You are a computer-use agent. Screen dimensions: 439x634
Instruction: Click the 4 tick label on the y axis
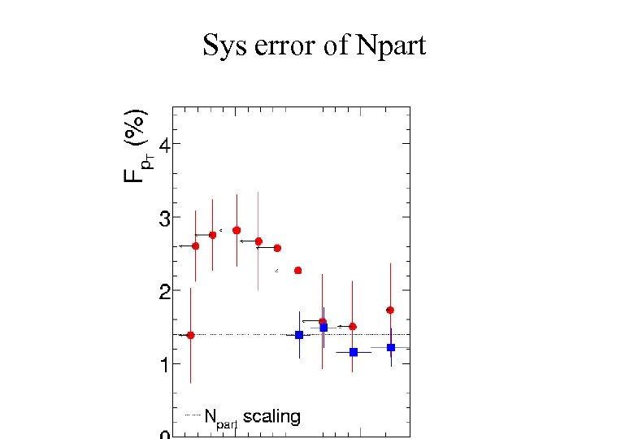coord(165,146)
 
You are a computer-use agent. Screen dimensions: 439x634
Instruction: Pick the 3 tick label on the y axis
coord(165,219)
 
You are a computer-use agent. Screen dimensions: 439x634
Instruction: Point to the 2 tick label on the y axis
coord(165,292)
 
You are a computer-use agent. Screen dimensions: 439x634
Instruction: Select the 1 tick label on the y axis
coord(165,365)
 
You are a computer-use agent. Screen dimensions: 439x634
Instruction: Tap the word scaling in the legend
coord(271,417)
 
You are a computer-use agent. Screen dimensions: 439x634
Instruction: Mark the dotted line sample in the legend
coord(192,415)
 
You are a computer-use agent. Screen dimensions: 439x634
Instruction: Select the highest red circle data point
coord(237,230)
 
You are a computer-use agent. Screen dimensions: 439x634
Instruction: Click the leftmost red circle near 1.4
coord(190,335)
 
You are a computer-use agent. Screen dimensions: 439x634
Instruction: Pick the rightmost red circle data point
coord(390,310)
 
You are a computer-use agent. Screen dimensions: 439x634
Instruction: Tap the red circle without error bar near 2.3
coord(297,270)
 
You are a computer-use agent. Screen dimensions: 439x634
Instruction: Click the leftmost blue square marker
coord(299,335)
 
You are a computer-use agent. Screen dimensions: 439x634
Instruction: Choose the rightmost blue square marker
coord(391,347)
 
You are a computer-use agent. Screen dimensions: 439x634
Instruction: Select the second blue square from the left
coord(324,328)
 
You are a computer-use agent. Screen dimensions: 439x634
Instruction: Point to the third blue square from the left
coord(354,352)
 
